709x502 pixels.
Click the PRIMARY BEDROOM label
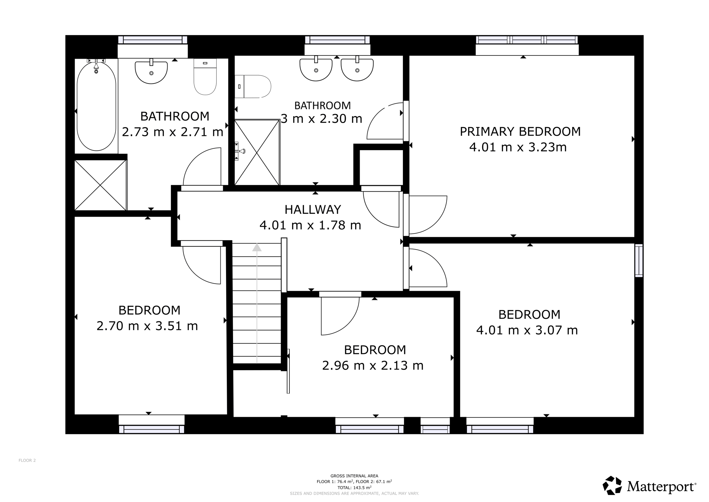520,132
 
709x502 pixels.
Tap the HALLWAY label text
313,209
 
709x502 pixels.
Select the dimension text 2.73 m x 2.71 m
172,132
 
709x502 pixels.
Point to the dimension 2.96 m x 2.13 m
373,366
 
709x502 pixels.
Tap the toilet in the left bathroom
205,77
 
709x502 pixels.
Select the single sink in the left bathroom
151,72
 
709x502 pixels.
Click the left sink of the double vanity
316,69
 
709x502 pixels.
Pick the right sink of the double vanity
357,69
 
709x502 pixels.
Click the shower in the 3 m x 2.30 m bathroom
257,153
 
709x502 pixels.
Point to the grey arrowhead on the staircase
257,248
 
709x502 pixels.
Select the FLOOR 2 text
27,460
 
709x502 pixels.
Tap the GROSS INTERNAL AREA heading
354,476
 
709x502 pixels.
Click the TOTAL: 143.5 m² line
354,487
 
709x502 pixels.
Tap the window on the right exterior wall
639,260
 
